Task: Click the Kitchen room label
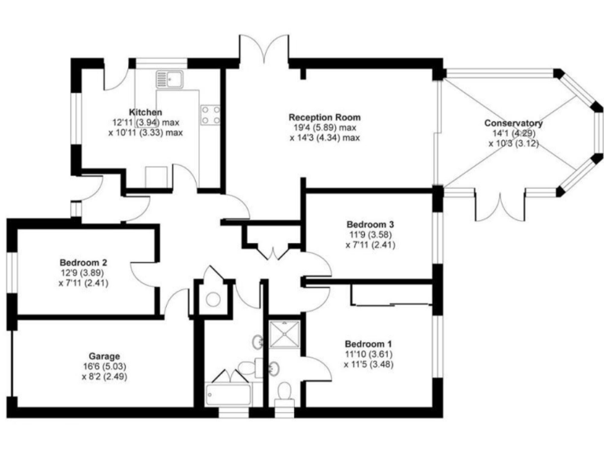click(145, 112)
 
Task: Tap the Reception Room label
click(324, 117)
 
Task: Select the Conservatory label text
click(514, 123)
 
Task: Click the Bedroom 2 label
click(83, 263)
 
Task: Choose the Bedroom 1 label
click(368, 344)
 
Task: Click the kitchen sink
click(169, 79)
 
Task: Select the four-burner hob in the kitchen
click(210, 115)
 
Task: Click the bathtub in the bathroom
click(228, 393)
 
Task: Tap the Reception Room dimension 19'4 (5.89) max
click(324, 127)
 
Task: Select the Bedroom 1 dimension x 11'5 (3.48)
click(368, 365)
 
